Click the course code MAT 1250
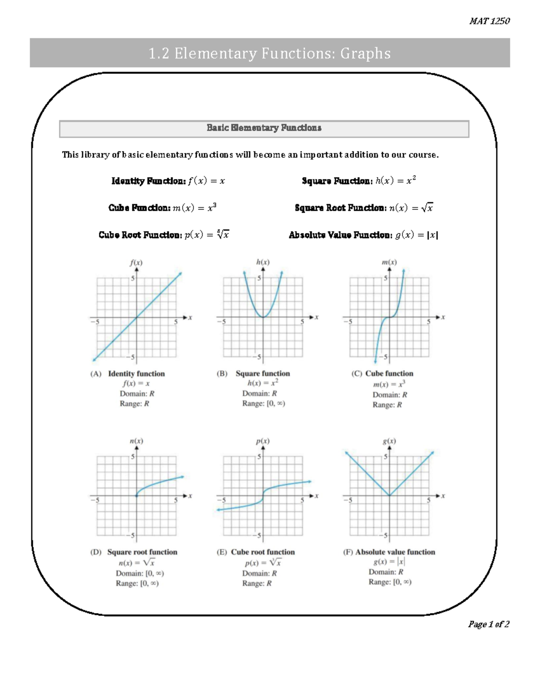click(489, 21)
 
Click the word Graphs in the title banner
click(365, 54)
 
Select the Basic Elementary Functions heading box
click(264, 128)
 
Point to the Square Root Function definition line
click(364, 208)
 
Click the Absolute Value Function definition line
click(363, 235)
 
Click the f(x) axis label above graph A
click(136, 262)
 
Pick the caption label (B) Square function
click(254, 374)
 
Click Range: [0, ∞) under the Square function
click(264, 404)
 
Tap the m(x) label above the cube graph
click(389, 262)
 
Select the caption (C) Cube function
click(382, 374)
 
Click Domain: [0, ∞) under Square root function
click(139, 573)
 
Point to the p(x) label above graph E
click(263, 441)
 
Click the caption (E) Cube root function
click(256, 552)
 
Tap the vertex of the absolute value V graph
click(389, 496)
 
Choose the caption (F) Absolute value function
click(389, 552)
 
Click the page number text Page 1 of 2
click(489, 624)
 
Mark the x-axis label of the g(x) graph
click(443, 496)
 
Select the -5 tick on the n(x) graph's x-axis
click(95, 501)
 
